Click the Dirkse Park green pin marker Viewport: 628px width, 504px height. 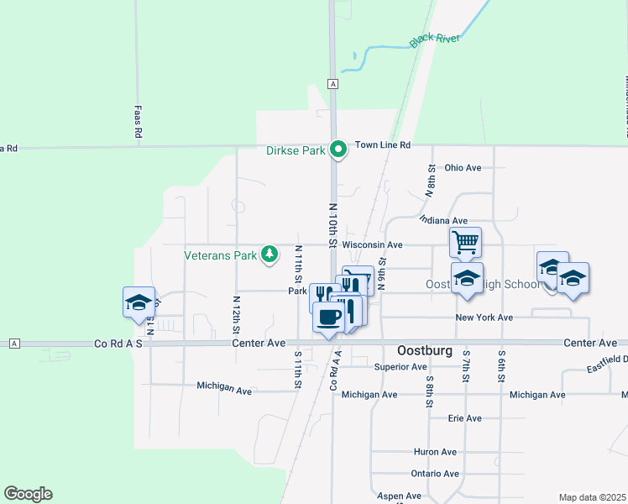pyautogui.click(x=338, y=150)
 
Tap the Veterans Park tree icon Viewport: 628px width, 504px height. pyautogui.click(x=269, y=253)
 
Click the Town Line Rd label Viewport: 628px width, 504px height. pyautogui.click(x=382, y=145)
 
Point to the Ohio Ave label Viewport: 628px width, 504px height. pyautogui.click(x=463, y=168)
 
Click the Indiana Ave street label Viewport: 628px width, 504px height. pyautogui.click(x=442, y=220)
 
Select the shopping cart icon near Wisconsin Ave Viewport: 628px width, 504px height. pyautogui.click(x=465, y=243)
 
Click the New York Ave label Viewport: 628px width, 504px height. pyautogui.click(x=484, y=318)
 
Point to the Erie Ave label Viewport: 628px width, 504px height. pyautogui.click(x=465, y=418)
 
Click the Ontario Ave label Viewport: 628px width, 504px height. pyautogui.click(x=434, y=474)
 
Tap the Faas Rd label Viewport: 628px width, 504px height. pyautogui.click(x=139, y=122)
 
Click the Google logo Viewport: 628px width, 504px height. pyautogui.click(x=28, y=494)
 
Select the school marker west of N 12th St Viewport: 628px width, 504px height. pyautogui.click(x=139, y=302)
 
